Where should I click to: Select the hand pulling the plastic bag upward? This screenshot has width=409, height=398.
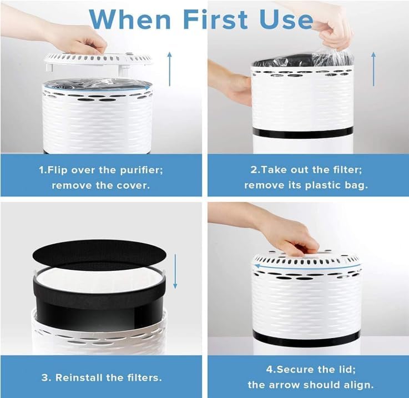(333, 28)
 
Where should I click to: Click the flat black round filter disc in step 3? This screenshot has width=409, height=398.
(99, 253)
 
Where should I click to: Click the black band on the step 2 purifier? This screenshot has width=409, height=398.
(302, 133)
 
